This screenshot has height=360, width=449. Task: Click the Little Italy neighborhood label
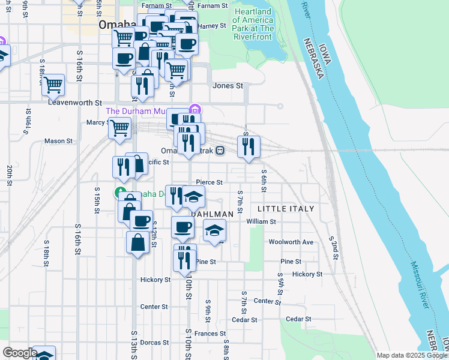[286, 208]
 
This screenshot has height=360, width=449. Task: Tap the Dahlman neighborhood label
[212, 214]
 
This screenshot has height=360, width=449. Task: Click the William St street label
[261, 221]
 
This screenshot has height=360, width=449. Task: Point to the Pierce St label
[209, 182]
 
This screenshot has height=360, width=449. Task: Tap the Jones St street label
[228, 86]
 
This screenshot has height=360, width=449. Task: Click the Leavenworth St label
[75, 103]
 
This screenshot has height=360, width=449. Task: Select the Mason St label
[58, 141]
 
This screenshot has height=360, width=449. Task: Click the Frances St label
[209, 333]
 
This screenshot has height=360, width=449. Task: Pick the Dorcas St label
[155, 343]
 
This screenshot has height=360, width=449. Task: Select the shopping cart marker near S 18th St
[53, 85]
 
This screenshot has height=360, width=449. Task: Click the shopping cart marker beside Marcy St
[120, 128]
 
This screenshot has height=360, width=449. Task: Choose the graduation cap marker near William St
[215, 230]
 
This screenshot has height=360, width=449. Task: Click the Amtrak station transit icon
[220, 151]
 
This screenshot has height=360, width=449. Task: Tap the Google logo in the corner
[20, 353]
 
